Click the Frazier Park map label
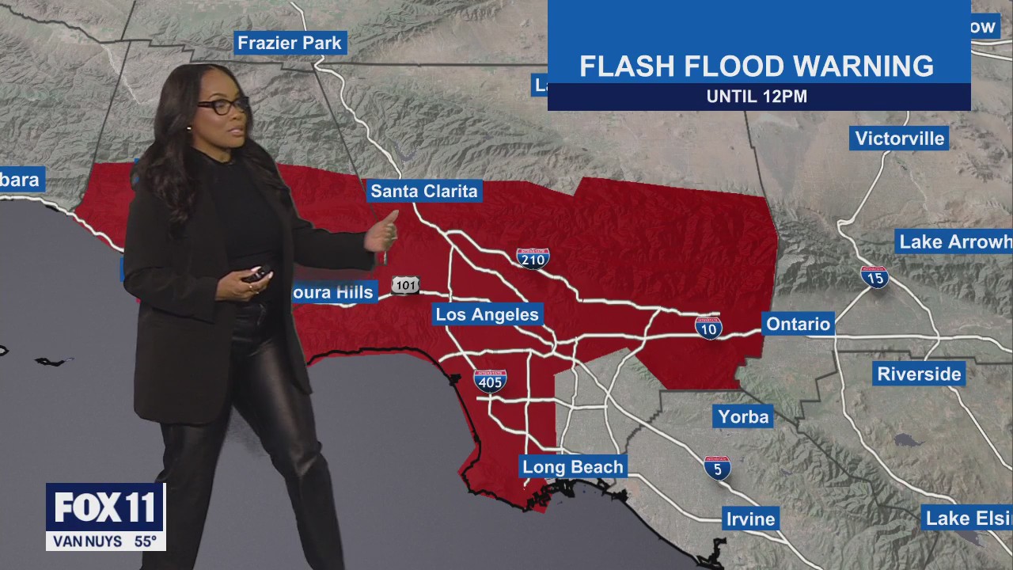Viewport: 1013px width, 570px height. coord(290,43)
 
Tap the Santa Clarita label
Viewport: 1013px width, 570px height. coord(424,191)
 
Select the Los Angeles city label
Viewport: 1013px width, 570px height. coord(487,314)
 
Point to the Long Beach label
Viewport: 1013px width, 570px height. coord(573,467)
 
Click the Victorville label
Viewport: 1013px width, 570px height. coord(900,139)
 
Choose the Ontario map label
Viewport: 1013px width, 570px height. coord(798,324)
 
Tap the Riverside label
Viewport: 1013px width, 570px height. coord(919,374)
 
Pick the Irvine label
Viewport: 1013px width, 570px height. coord(750,519)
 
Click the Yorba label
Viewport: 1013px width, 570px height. coord(743,416)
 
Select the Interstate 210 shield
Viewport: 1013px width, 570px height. coord(533,258)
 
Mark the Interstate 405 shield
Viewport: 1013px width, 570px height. coord(491,381)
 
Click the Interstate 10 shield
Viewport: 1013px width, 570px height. coord(708,327)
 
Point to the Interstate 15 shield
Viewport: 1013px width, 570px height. coord(875,277)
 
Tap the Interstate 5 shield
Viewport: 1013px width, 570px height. coord(717,468)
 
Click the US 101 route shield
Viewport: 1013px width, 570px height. coord(404,286)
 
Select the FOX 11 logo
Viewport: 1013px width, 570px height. coord(105,507)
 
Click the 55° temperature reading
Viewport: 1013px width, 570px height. coord(145,542)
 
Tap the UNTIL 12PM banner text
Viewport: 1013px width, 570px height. coord(757,97)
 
